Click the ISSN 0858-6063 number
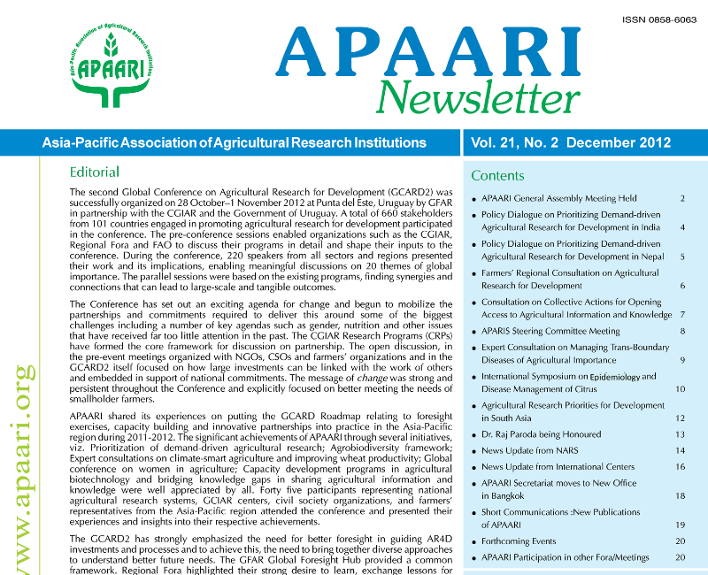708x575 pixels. tap(659, 17)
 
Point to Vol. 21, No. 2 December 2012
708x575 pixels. tap(571, 142)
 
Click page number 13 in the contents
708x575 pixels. tap(681, 434)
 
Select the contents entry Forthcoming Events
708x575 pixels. tap(519, 540)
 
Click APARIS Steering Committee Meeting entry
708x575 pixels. tap(550, 331)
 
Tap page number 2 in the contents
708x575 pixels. tap(682, 198)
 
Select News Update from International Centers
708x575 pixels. tap(558, 466)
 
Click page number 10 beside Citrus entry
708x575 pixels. tap(681, 389)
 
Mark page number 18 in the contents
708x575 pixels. tap(681, 496)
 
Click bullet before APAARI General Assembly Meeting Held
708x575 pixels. tap(474, 199)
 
